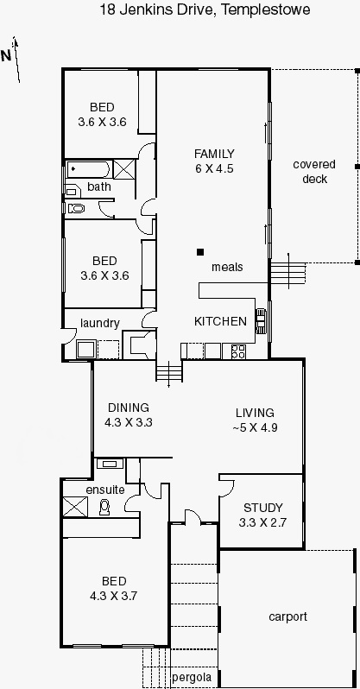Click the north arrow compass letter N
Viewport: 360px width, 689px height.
click(6, 56)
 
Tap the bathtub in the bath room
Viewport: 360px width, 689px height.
click(89, 169)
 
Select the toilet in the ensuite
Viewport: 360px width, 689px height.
click(104, 507)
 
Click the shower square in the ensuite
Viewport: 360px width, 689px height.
click(76, 507)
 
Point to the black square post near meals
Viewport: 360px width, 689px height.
click(200, 252)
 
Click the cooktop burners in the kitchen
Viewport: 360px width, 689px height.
click(238, 351)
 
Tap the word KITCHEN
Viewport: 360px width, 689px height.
click(220, 321)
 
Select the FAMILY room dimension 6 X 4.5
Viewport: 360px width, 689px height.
click(214, 168)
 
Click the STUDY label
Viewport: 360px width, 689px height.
click(262, 508)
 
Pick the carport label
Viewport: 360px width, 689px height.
click(287, 617)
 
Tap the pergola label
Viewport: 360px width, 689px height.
click(192, 677)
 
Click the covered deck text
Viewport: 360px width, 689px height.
click(314, 171)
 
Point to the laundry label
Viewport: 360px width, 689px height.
click(100, 324)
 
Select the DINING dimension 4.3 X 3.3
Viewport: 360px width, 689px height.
click(129, 422)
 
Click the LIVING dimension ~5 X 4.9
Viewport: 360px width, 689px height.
click(255, 427)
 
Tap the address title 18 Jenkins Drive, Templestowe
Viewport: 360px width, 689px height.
click(205, 9)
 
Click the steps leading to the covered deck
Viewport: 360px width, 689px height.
click(287, 274)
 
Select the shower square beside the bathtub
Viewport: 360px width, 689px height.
click(123, 169)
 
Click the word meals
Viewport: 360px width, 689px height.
click(227, 267)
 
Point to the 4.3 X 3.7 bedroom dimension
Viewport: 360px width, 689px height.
click(114, 596)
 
